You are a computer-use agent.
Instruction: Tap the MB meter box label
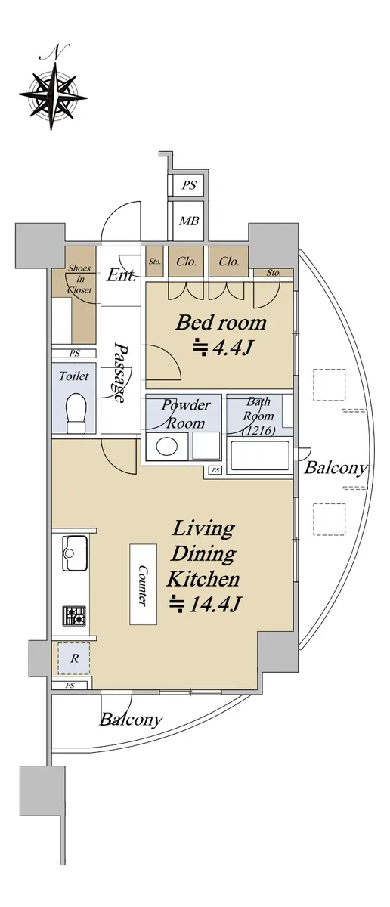[189, 221]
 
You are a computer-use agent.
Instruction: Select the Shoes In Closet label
[79, 279]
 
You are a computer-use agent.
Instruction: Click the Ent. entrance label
[121, 275]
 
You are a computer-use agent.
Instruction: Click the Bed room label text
[221, 323]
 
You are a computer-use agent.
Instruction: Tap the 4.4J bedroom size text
[223, 348]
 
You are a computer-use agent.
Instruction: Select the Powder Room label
[186, 414]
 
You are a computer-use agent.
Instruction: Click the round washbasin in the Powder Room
[167, 447]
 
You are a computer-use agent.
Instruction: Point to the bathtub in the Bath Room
[259, 456]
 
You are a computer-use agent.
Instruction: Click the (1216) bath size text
[258, 431]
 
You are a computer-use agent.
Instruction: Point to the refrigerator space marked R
[74, 659]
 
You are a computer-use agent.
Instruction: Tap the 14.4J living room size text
[205, 604]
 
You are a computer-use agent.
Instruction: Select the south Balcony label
[132, 719]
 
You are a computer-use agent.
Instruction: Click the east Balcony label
[336, 467]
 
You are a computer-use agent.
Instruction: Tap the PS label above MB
[189, 184]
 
